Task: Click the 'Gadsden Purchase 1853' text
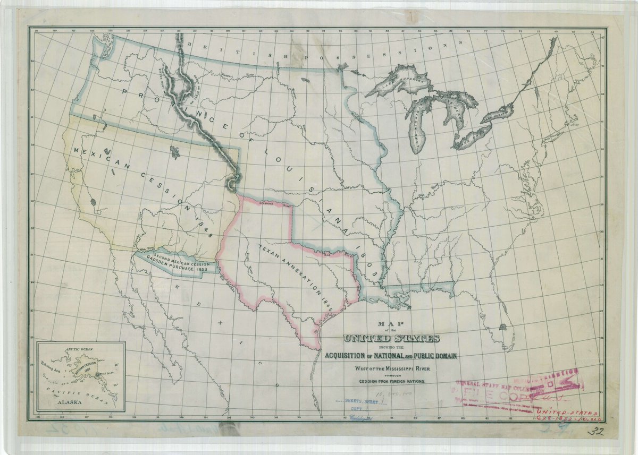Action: point(175,269)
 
